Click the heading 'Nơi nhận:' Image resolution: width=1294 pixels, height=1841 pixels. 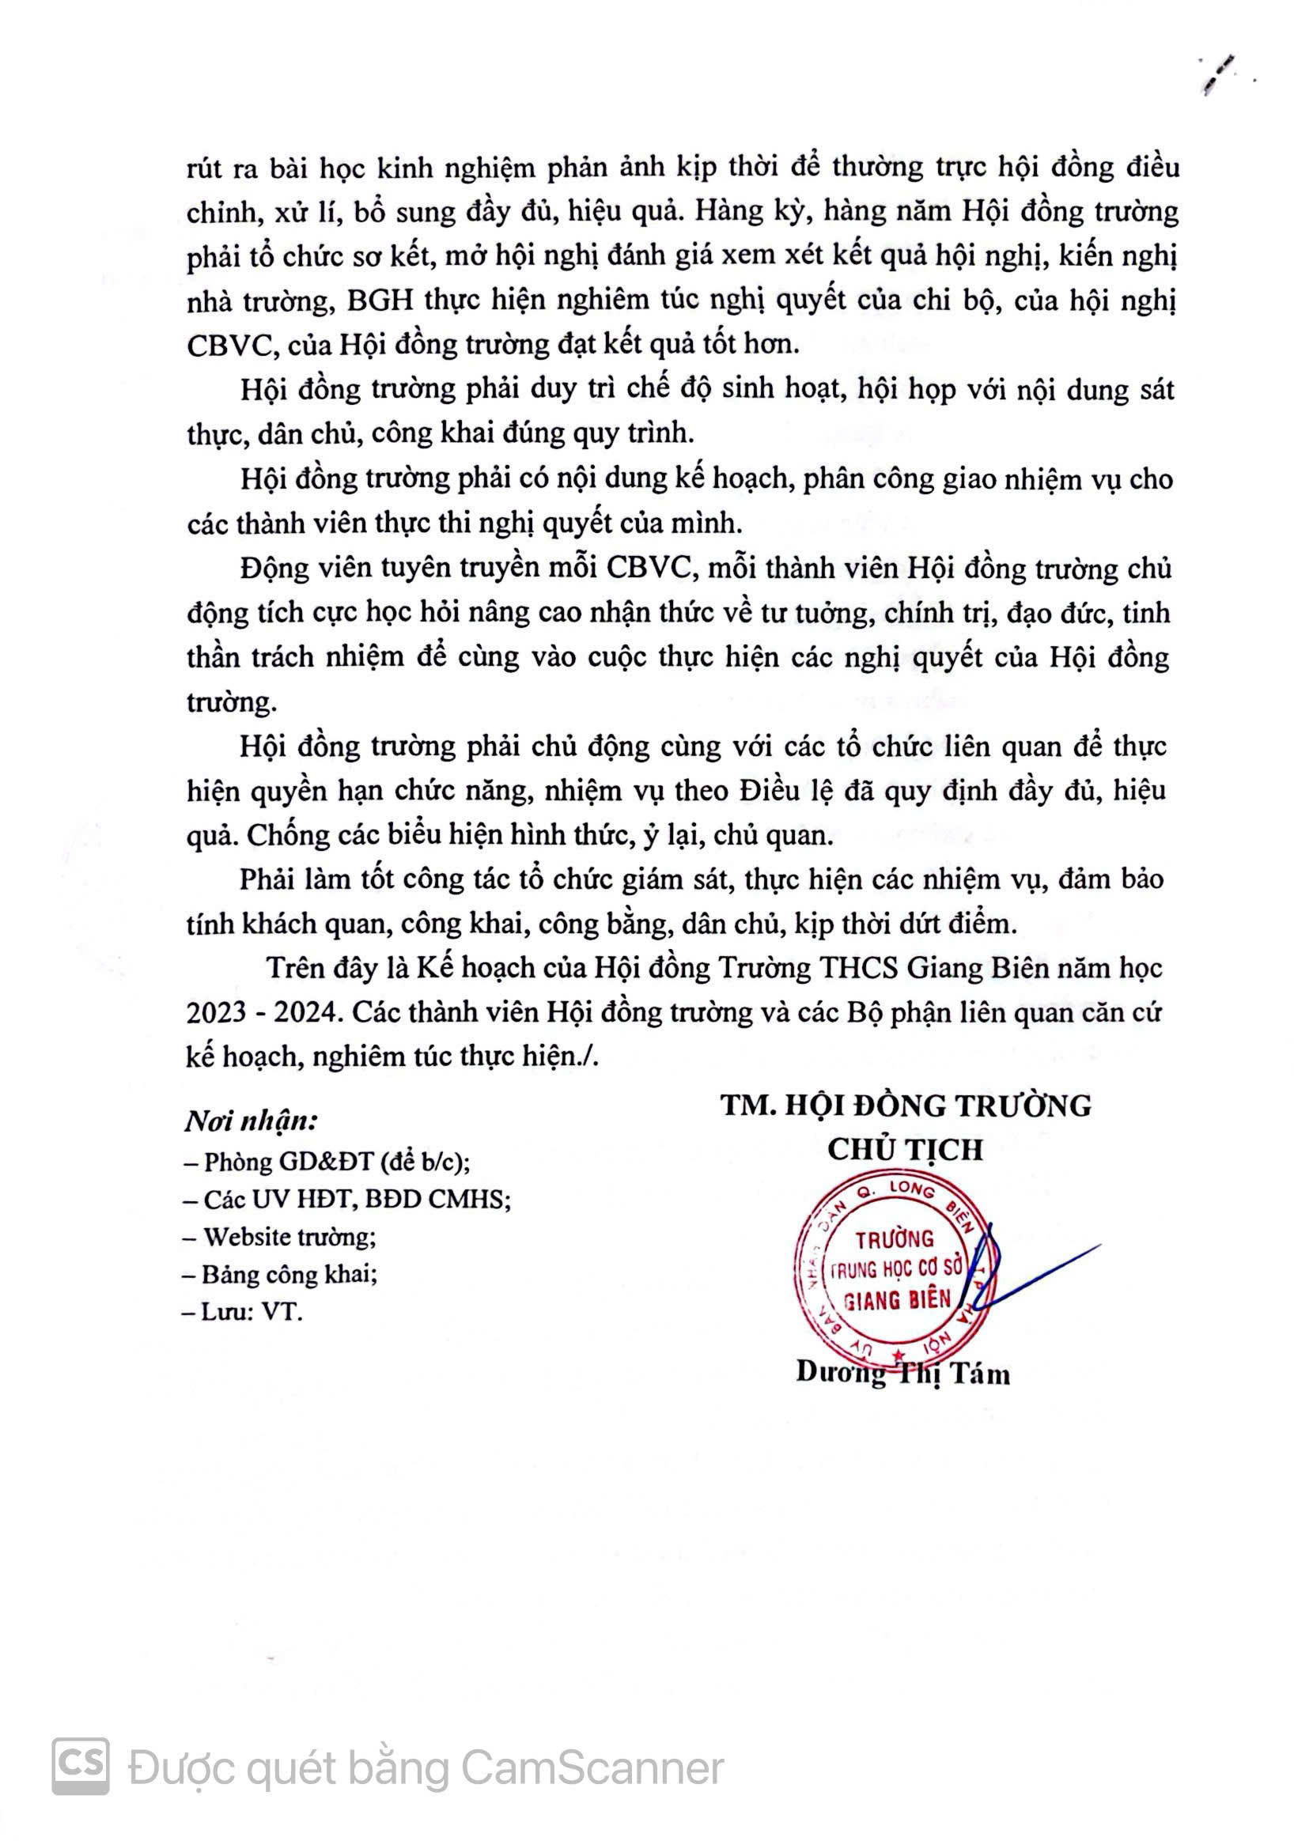click(x=251, y=1121)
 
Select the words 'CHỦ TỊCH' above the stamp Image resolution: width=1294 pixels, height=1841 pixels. click(x=905, y=1150)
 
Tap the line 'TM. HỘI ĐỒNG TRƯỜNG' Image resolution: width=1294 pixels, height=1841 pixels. click(x=906, y=1106)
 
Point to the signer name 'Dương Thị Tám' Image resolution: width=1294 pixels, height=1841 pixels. click(x=902, y=1373)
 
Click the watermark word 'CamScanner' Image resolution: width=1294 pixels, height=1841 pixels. click(x=592, y=1767)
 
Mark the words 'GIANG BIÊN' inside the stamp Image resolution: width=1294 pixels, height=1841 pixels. click(x=897, y=1300)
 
